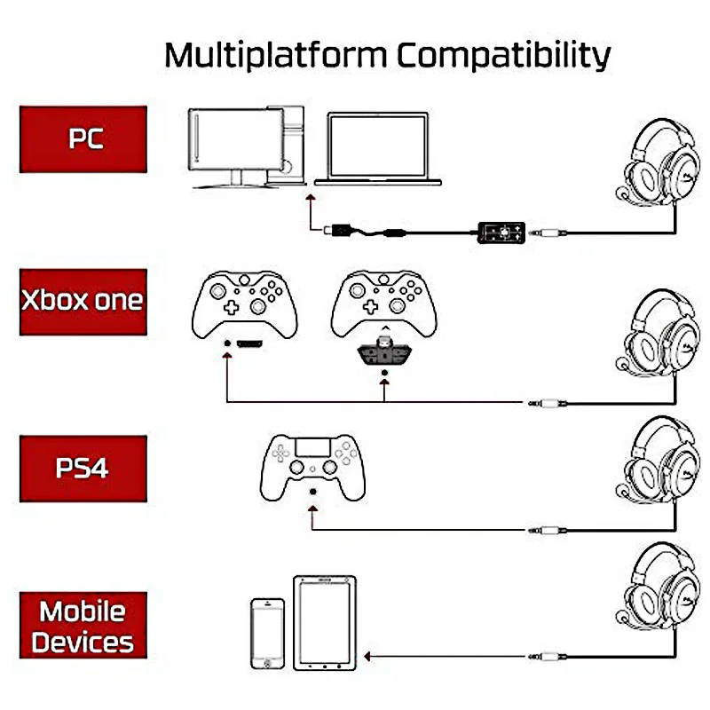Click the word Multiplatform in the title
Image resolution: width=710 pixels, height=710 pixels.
[x=276, y=55]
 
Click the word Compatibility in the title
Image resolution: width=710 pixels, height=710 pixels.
[x=504, y=55]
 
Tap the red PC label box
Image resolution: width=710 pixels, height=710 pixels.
[x=83, y=139]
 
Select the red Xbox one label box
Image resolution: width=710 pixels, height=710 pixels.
[x=83, y=302]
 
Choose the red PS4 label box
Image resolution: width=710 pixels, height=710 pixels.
[x=83, y=469]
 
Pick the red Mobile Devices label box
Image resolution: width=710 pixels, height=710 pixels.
[x=83, y=625]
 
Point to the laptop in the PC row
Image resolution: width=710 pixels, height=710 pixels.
[x=378, y=149]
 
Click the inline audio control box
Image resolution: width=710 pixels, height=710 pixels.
[x=501, y=233]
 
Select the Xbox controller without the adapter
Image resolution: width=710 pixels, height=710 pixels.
[x=245, y=304]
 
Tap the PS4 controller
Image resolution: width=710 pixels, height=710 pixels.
[x=312, y=468]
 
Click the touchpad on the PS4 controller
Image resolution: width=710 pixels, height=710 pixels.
[x=312, y=447]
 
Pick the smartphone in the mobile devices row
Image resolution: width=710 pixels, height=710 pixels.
[x=268, y=634]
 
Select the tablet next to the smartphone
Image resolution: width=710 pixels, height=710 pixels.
[x=325, y=623]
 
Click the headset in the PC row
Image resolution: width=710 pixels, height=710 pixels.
[x=658, y=162]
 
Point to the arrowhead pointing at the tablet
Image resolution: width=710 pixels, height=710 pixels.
[x=367, y=656]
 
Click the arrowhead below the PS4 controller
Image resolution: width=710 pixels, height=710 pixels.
[x=312, y=509]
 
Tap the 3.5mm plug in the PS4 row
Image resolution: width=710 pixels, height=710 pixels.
[x=547, y=530]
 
